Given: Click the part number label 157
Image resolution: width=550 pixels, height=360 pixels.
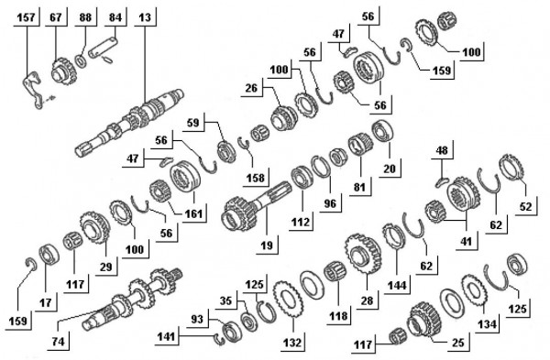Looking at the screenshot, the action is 26,16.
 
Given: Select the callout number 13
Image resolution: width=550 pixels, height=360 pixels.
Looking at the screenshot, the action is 145,16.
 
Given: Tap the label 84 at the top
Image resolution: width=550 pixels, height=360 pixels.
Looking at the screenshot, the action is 115,16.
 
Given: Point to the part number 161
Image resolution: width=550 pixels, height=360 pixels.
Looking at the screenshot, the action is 194,213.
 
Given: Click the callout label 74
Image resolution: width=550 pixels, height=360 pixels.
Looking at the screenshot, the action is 59,341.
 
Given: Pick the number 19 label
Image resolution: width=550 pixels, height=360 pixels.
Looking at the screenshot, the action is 267,245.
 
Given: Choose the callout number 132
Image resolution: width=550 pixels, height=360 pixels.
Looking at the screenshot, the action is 292,342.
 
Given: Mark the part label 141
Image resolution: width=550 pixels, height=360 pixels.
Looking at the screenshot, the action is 166,337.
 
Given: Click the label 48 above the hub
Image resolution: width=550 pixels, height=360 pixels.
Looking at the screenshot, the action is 442,150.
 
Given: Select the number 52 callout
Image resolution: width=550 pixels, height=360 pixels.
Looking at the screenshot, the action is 525,206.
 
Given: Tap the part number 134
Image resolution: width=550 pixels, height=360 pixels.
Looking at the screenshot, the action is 488,324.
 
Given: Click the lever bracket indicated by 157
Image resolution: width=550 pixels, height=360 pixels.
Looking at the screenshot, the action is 32,90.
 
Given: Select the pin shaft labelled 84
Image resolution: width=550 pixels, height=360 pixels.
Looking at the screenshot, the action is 103,47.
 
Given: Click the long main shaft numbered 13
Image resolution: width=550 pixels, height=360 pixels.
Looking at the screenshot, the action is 129,123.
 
